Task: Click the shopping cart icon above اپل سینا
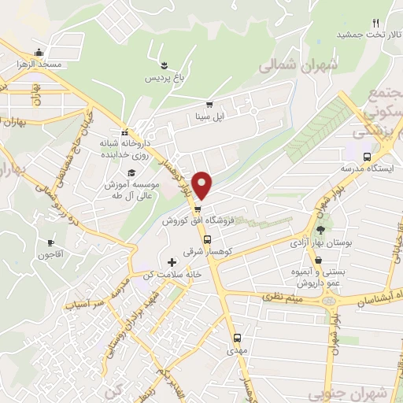click(x=209, y=105)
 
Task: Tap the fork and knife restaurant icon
click(x=375, y=22)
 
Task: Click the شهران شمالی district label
click(x=297, y=66)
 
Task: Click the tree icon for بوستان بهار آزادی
click(x=320, y=230)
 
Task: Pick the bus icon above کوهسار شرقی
click(x=207, y=240)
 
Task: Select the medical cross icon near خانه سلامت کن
click(x=172, y=261)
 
